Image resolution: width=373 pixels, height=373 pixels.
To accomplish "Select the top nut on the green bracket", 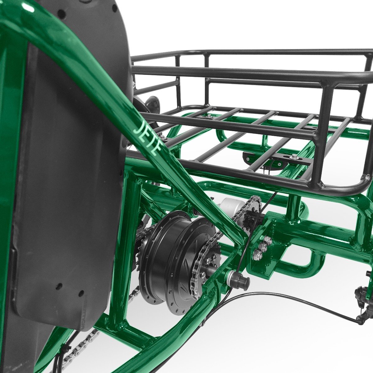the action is coord(266,240).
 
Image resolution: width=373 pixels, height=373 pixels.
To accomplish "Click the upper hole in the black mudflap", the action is coord(60,285).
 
